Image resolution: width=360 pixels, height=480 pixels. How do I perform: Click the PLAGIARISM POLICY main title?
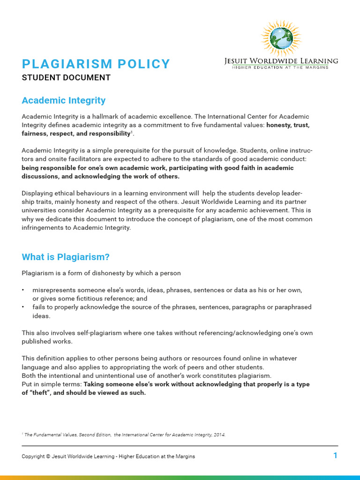pos(96,64)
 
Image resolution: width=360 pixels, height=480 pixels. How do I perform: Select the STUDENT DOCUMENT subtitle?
pos(66,78)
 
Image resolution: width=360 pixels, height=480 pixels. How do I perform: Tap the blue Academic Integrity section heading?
pos(64,100)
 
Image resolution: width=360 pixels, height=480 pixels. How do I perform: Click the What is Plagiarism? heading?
pos(66,257)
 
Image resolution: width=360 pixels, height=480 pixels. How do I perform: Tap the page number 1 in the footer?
pos(335,456)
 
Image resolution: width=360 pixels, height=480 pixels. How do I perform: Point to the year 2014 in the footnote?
pos(219,435)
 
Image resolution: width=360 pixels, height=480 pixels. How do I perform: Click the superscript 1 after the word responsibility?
pos(132,132)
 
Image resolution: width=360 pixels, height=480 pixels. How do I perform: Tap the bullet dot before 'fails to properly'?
pos(23,307)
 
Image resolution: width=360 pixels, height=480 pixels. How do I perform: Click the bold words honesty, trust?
pos(288,125)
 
